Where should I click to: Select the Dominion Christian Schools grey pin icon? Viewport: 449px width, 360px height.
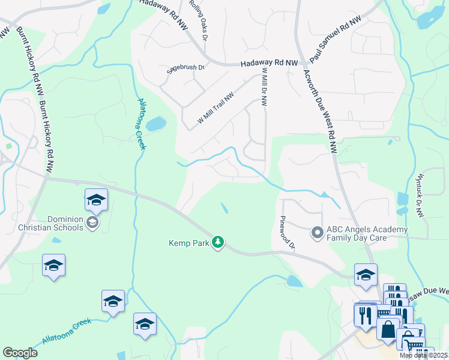point(92,223)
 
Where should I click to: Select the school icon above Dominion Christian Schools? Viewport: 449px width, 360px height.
point(96,200)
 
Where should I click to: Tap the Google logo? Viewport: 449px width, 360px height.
point(20,353)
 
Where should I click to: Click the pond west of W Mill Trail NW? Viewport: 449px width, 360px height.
point(155,124)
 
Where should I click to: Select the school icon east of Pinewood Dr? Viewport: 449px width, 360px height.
point(366,275)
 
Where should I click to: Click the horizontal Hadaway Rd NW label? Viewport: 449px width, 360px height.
point(269,63)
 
